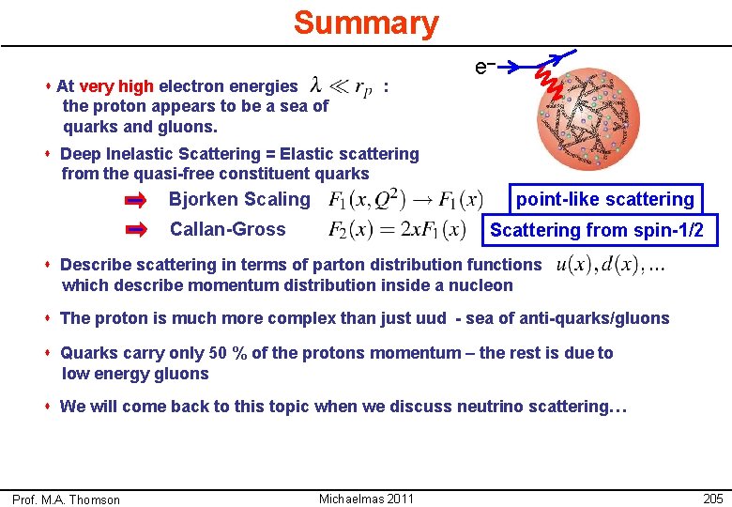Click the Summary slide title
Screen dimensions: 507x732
pyautogui.click(x=365, y=23)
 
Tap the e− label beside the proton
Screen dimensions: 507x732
pyautogui.click(x=484, y=68)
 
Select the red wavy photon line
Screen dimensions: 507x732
pyautogui.click(x=550, y=81)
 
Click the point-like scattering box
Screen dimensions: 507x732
pyautogui.click(x=604, y=199)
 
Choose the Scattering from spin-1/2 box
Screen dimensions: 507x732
pyautogui.click(x=597, y=230)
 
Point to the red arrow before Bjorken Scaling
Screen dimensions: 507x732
pyautogui.click(x=137, y=200)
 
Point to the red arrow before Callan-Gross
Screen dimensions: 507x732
pyautogui.click(x=137, y=229)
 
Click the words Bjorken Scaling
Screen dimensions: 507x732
pyautogui.click(x=238, y=199)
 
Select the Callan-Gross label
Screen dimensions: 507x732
pyautogui.click(x=227, y=229)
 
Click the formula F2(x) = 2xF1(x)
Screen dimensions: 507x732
pyautogui.click(x=397, y=229)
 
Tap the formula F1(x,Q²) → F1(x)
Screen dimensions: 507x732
pyautogui.click(x=405, y=199)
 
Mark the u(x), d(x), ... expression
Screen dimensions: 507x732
pyautogui.click(x=611, y=266)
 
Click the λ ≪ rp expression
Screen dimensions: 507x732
pyautogui.click(x=341, y=87)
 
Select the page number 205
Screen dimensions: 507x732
pyautogui.click(x=712, y=498)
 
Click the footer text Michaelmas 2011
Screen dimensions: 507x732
pyautogui.click(x=366, y=498)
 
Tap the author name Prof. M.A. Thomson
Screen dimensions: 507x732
pyautogui.click(x=67, y=499)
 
